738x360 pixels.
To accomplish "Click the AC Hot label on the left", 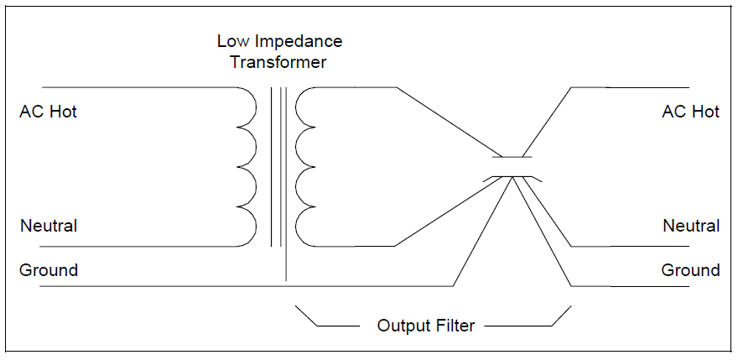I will [49, 112].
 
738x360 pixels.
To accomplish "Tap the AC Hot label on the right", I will [690, 112].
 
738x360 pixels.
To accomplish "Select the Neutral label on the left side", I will [49, 226].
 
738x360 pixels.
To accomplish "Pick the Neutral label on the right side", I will [691, 226].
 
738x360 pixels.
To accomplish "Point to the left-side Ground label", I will [49, 270].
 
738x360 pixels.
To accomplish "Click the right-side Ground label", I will [690, 270].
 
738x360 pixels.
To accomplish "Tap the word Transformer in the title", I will [279, 62].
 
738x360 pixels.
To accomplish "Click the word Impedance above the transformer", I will [297, 41].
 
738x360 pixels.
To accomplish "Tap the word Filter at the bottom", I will [455, 325].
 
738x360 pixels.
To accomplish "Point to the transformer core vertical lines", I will [278, 168].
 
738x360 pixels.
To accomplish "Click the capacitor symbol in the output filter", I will [511, 167].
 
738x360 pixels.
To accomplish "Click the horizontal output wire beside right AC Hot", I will [629, 87].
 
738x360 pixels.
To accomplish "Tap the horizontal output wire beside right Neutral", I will [629, 246].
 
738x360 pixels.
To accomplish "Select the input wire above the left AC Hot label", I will [134, 87].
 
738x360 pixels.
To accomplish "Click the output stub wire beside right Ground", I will [629, 286].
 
